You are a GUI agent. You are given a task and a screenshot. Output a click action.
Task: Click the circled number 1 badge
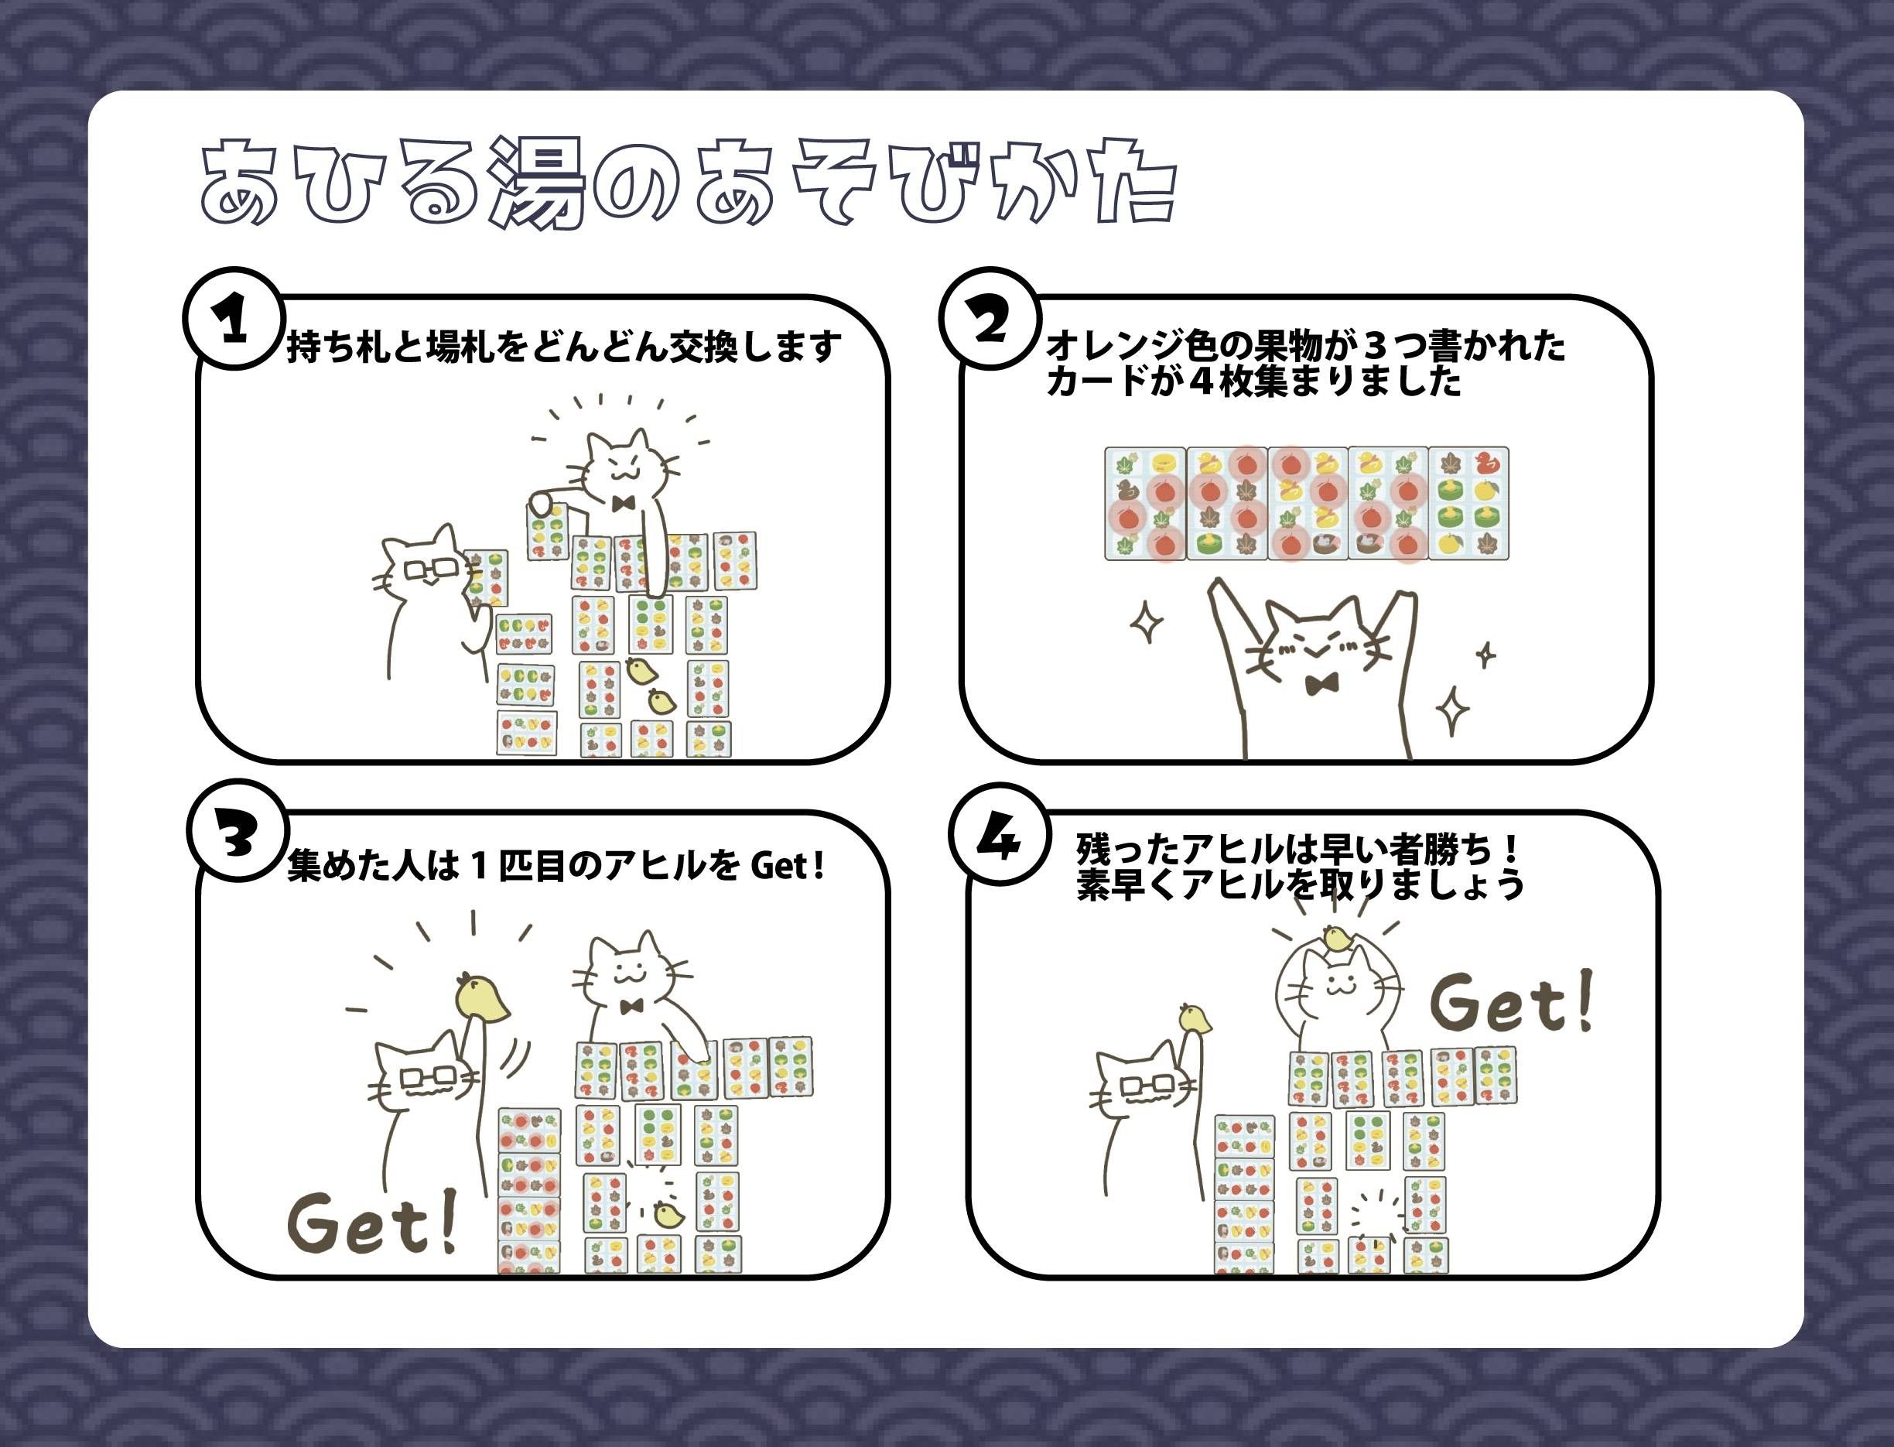coord(234,319)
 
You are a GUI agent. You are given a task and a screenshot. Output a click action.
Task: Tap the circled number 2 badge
coord(990,319)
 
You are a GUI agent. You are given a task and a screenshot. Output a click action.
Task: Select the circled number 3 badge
coord(237,830)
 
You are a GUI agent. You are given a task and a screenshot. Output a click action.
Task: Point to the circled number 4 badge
coord(999,833)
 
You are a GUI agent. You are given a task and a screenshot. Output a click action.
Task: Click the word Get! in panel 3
coord(372,1221)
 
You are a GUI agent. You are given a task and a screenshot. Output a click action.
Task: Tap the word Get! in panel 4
coord(1512,1002)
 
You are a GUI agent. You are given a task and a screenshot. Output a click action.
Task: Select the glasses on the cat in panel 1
coord(431,570)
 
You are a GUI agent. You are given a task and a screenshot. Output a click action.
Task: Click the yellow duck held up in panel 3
coord(480,997)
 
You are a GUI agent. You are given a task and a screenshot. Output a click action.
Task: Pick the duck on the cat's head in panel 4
coord(1338,938)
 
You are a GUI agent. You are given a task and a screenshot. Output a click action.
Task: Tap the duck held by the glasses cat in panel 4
coord(1195,1018)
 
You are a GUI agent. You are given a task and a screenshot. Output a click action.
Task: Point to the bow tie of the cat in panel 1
coord(623,504)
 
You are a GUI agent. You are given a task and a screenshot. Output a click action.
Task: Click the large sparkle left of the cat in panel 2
coord(1147,622)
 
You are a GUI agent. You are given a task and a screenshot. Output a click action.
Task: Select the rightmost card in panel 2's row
coord(1468,504)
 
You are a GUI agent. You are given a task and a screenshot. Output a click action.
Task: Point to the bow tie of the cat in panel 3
coord(632,1007)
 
